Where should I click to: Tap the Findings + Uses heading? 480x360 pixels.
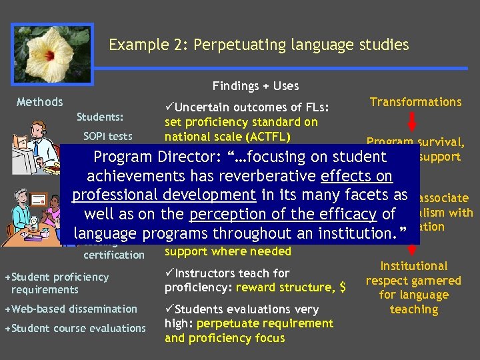[x=255, y=85]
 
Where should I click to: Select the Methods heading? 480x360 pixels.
[x=39, y=102]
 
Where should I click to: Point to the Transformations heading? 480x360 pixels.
[x=415, y=102]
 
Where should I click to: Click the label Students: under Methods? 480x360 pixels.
[x=99, y=117]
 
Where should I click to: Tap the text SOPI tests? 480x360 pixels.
[x=107, y=136]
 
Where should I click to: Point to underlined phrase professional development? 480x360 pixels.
[x=164, y=195]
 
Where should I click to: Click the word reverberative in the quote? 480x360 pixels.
[x=273, y=176]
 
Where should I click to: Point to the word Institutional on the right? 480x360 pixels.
[x=414, y=266]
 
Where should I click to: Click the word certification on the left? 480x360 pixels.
[x=113, y=255]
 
